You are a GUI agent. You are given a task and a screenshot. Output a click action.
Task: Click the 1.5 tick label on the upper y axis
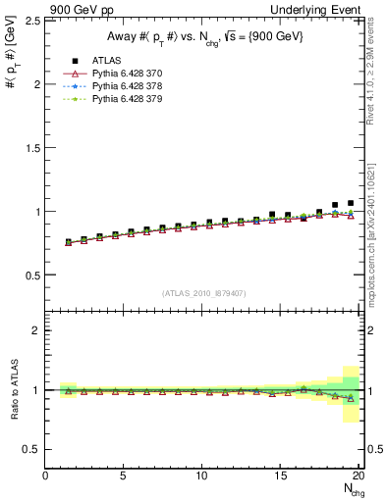(28, 147)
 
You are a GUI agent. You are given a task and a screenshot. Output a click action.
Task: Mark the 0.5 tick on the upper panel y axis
(28, 275)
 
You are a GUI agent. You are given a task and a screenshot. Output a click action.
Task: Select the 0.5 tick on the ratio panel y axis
(28, 449)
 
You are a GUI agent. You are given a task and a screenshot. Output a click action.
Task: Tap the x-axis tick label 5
(124, 476)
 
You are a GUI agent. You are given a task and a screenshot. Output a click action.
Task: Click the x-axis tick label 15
(281, 476)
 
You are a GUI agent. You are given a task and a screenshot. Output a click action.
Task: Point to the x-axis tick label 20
(358, 476)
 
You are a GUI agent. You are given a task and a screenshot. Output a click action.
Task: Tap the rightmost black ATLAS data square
(351, 203)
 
